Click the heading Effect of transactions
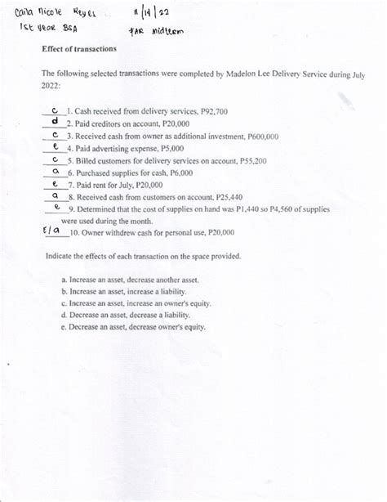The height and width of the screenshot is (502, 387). click(x=79, y=48)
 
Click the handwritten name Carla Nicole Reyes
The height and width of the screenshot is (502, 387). click(x=56, y=14)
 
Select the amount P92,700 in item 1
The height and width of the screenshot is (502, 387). click(x=211, y=110)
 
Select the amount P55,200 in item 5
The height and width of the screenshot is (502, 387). click(x=249, y=161)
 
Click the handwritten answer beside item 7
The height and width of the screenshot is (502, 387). click(x=54, y=186)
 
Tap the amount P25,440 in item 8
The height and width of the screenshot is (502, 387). click(x=225, y=197)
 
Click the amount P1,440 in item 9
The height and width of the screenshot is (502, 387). click(x=275, y=209)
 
